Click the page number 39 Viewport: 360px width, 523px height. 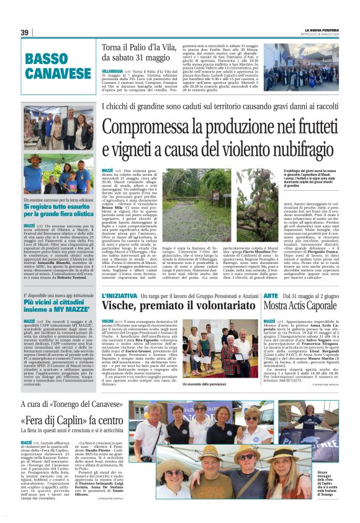[x=24, y=33]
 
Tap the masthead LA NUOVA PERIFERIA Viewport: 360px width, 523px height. [x=322, y=30]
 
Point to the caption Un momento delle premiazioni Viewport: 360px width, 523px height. [x=205, y=384]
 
